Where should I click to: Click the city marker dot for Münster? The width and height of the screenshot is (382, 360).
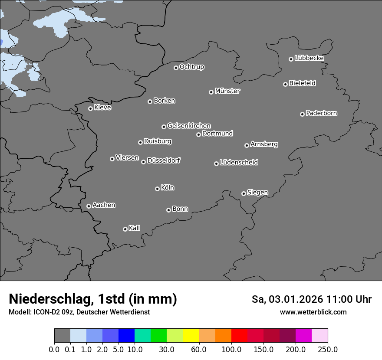(x=211, y=92)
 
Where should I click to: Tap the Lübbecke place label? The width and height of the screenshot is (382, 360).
(x=309, y=58)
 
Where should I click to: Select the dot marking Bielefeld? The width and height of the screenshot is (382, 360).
(x=285, y=84)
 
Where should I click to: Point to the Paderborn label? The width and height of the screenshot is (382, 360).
(x=321, y=113)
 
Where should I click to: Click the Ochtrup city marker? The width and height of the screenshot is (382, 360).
(x=176, y=68)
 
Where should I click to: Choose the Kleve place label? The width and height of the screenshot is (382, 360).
(x=102, y=108)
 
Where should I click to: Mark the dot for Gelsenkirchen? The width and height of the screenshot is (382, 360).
(x=164, y=127)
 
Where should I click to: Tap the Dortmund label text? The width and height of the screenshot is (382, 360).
(x=217, y=134)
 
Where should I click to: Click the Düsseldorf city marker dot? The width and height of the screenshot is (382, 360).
(x=143, y=162)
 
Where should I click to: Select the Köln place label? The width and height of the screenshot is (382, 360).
(x=167, y=188)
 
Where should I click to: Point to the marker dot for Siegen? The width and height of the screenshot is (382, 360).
(x=244, y=193)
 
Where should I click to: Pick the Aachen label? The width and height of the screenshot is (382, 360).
(x=104, y=205)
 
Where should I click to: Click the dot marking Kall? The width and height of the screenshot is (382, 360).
(x=125, y=229)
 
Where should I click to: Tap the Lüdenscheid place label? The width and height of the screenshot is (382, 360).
(x=239, y=163)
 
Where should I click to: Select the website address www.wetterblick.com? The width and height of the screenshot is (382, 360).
(x=313, y=312)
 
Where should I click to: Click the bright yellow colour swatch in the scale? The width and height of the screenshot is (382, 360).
(x=191, y=336)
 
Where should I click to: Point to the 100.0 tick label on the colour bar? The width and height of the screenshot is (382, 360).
(x=231, y=349)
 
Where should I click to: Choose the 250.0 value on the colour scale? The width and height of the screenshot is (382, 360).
(x=328, y=349)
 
